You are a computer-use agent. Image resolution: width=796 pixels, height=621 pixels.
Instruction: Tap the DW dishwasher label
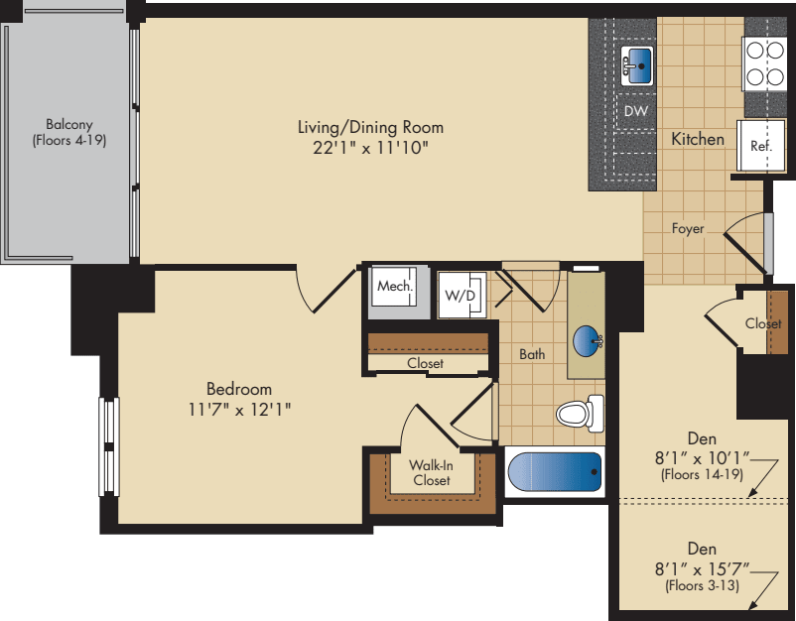point(635,111)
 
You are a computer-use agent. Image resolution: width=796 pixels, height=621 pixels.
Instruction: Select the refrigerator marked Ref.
point(760,146)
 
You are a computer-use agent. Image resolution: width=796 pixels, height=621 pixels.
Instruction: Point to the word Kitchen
point(698,139)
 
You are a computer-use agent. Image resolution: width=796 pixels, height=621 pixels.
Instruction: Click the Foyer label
point(687,228)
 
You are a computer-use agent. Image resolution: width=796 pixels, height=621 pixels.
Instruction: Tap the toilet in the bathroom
point(582,413)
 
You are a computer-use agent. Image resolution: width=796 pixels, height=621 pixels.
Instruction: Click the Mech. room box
point(394,288)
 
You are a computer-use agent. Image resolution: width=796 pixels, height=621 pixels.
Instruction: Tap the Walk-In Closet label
point(432,472)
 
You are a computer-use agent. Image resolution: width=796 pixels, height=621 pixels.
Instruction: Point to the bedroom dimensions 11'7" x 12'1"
point(239,408)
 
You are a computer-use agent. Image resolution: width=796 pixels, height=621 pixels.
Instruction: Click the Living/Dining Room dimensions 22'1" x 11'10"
point(370,147)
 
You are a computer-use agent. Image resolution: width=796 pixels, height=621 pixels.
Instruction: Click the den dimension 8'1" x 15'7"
point(703,568)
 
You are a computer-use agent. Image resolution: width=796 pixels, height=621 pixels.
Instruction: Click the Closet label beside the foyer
point(763,323)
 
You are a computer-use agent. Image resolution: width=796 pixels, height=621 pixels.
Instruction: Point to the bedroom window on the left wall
point(108,445)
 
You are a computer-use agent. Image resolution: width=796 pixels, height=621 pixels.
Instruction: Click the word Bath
point(532,353)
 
